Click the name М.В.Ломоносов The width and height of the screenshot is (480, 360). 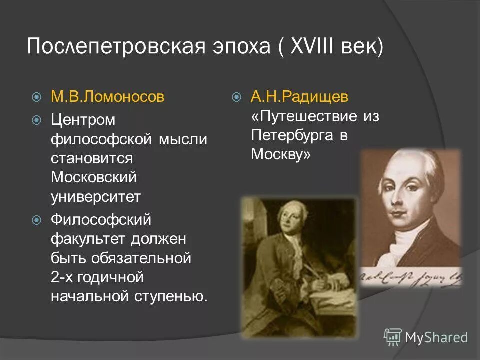coord(107,96)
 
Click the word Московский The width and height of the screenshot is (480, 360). coord(94,177)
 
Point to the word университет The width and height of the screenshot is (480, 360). coord(96,196)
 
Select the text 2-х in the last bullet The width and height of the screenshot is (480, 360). coord(64,277)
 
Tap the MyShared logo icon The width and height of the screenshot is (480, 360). coord(393,337)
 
